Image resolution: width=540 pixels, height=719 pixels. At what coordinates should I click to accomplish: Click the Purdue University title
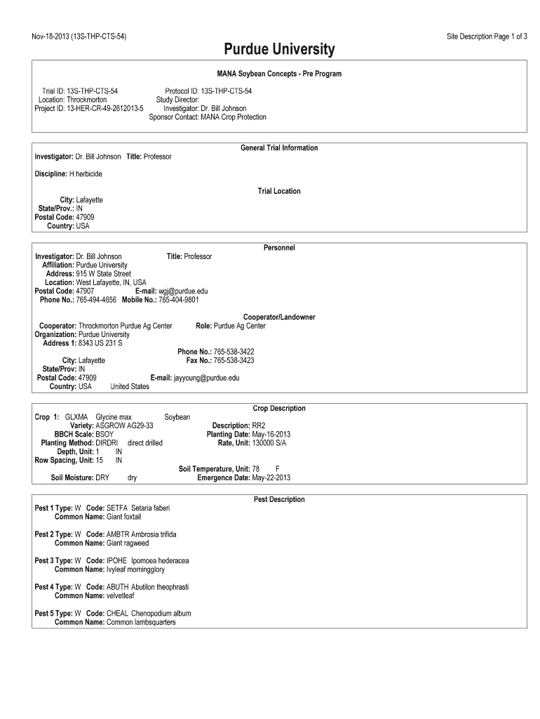pos(279,50)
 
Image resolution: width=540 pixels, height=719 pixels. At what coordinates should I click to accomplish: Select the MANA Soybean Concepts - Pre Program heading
pos(279,74)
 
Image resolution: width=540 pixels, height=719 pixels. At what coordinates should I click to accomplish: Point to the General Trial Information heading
pos(279,148)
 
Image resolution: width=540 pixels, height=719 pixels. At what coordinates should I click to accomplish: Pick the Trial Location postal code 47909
pos(85,218)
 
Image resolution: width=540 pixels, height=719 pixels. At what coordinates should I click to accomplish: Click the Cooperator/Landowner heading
pos(279,317)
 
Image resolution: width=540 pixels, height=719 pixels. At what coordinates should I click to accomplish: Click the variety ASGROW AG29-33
pos(123,426)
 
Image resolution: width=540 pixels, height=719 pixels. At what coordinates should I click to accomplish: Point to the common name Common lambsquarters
pos(140,622)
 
